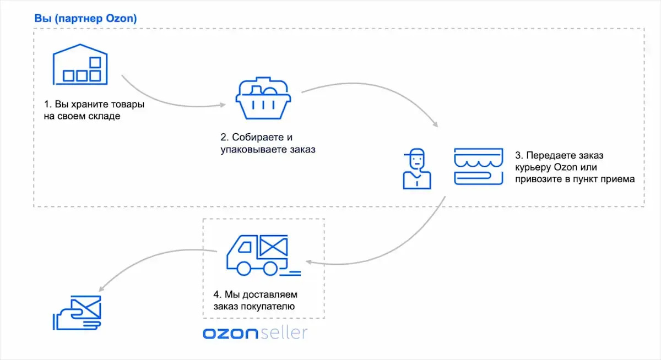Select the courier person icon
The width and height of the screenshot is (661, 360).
point(416,168)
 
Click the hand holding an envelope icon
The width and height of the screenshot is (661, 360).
point(78,313)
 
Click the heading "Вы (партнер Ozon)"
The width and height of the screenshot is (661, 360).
point(85,18)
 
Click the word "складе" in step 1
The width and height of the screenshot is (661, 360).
point(103,117)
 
